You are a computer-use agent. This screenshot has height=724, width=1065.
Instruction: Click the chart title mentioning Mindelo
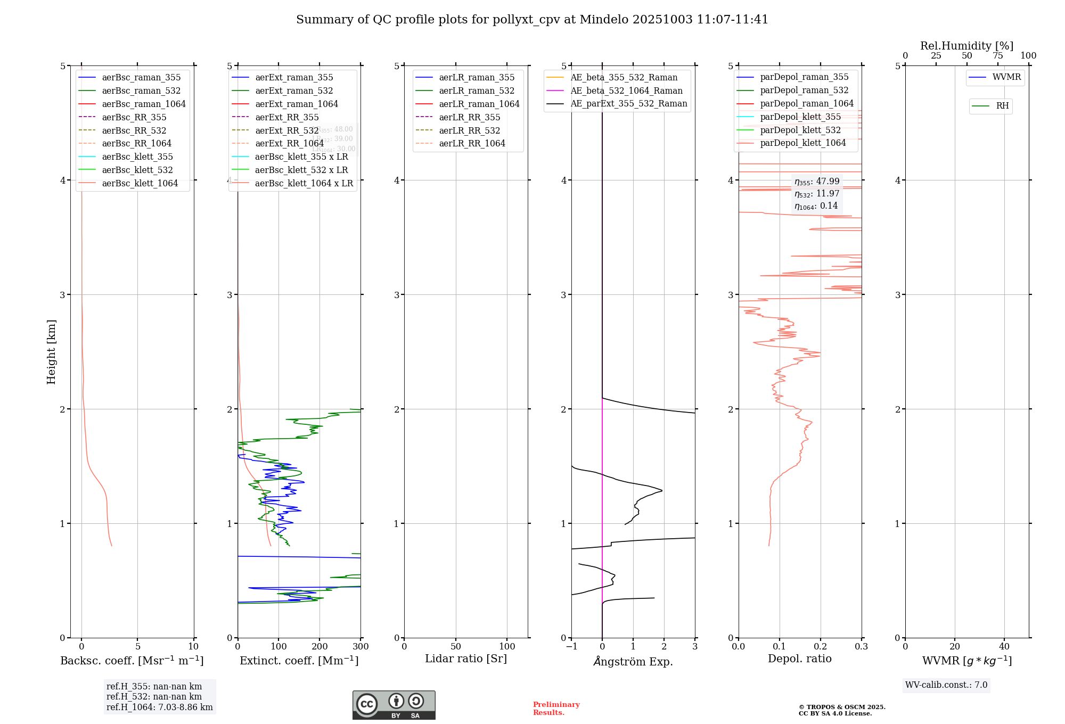click(532, 20)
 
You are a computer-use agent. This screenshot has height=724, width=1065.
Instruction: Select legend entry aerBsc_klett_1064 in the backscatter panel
click(140, 183)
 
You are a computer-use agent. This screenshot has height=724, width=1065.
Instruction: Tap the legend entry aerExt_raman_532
click(294, 90)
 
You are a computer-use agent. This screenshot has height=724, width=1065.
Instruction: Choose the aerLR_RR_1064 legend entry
click(472, 143)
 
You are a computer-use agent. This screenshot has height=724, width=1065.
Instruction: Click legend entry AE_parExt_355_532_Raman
click(628, 103)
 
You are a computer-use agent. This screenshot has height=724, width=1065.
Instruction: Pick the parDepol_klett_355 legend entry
click(800, 117)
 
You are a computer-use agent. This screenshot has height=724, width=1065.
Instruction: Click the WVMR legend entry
click(1006, 77)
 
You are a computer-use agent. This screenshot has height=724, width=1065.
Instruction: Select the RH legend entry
click(1002, 106)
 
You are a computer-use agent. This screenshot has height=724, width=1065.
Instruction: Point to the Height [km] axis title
click(51, 352)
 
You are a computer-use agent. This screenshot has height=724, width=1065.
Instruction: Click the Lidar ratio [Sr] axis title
click(466, 659)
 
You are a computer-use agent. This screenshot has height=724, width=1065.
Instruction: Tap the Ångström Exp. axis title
click(633, 661)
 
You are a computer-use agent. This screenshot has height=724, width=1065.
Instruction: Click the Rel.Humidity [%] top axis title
click(966, 46)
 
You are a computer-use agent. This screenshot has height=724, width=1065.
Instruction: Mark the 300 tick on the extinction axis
click(361, 647)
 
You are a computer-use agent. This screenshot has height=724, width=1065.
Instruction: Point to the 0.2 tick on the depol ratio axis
click(821, 647)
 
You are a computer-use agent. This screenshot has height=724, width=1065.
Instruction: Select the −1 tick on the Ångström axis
click(571, 647)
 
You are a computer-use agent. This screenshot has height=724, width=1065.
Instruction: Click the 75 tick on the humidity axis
click(997, 56)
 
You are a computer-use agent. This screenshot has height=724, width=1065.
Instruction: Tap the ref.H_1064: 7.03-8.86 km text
click(159, 707)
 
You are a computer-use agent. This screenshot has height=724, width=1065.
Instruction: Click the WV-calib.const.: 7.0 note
click(946, 685)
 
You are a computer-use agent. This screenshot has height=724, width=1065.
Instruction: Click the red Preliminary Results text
click(556, 709)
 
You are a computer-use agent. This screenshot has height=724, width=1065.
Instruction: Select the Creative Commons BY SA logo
click(394, 705)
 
